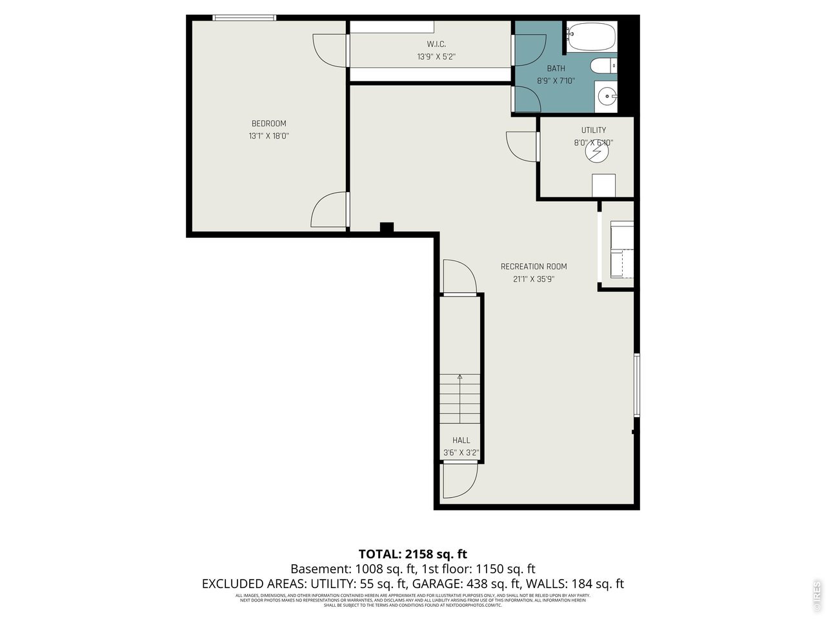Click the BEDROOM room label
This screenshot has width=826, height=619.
[268, 124]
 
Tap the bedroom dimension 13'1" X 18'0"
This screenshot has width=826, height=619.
[268, 136]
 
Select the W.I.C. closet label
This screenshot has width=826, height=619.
[436, 44]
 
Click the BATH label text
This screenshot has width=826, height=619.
[556, 68]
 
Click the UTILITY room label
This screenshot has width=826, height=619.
[593, 130]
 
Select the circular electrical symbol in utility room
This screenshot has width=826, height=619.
[597, 152]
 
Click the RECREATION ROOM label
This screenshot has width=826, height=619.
[534, 266]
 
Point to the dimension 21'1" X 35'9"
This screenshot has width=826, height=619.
[534, 279]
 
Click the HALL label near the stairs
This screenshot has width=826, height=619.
[461, 440]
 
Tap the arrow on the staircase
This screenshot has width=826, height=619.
[460, 377]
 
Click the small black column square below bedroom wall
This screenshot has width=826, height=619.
[387, 227]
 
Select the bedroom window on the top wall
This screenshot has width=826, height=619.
[245, 18]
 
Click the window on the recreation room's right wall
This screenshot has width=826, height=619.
[637, 384]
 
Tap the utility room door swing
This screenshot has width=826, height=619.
[521, 146]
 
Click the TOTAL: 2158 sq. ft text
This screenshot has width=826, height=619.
[412, 554]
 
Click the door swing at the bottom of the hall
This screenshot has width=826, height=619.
[459, 481]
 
